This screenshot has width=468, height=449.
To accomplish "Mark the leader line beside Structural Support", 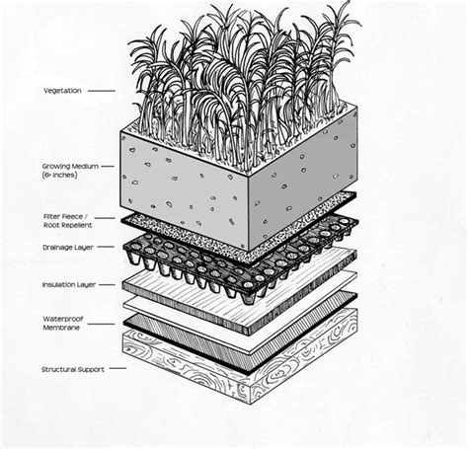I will [117, 369].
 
